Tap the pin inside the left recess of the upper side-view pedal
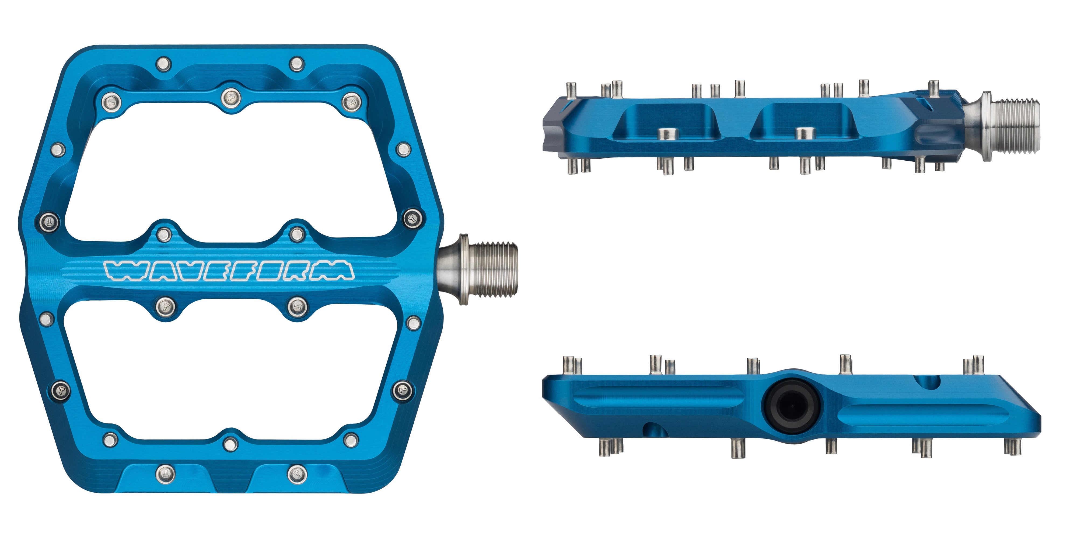point(668,134)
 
